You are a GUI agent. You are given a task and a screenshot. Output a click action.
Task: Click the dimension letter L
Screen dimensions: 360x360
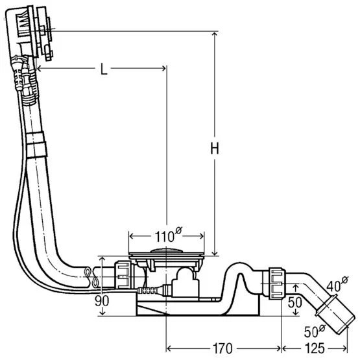tap(104, 69)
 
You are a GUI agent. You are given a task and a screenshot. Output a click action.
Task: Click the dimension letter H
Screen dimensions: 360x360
tap(215, 148)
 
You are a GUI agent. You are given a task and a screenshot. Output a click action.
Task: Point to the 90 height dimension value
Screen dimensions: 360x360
tap(102, 301)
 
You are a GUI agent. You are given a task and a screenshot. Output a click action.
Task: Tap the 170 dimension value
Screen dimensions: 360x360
tap(222, 348)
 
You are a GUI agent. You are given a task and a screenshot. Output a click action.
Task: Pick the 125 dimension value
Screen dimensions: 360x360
tap(315, 348)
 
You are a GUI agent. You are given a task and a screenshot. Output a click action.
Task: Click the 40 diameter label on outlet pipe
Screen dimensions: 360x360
tap(337, 285)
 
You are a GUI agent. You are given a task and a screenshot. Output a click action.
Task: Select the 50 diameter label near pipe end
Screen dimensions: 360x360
tap(315, 331)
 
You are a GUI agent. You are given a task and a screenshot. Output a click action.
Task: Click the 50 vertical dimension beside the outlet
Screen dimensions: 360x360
tap(294, 302)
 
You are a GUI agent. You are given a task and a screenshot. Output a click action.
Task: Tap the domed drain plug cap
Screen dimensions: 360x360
tap(167, 250)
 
